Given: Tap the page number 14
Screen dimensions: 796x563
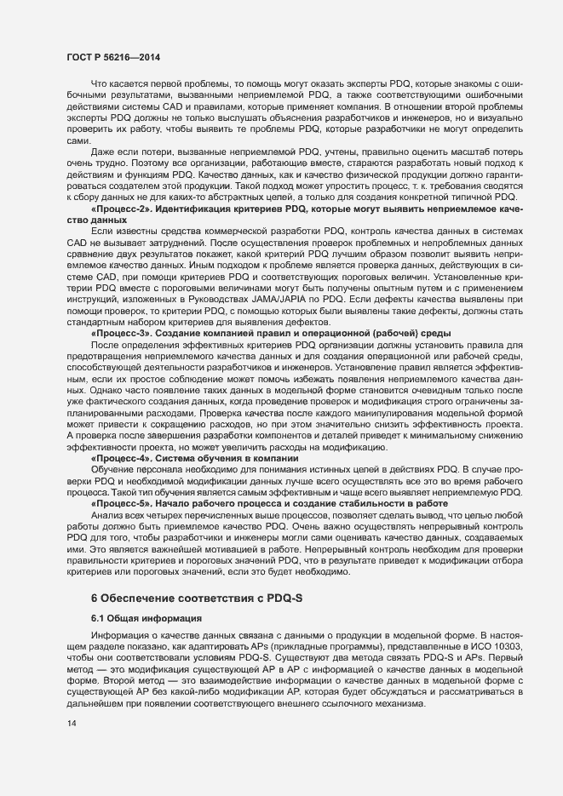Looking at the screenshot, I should pyautogui.click(x=71, y=724).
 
